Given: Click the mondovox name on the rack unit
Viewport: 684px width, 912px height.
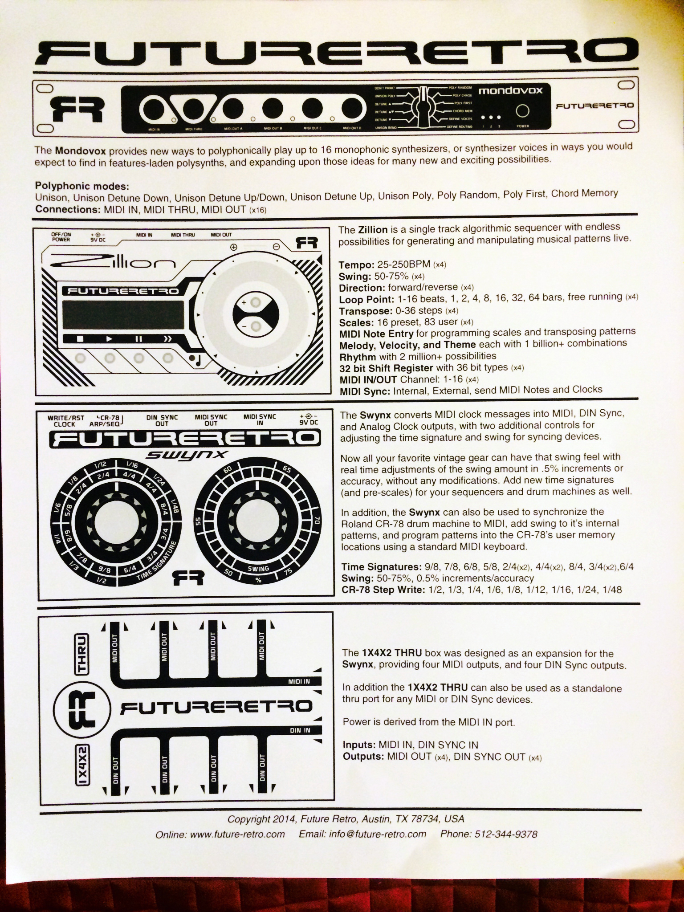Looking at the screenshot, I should pos(510,90).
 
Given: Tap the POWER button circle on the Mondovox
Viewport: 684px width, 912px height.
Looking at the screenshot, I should pos(523,111).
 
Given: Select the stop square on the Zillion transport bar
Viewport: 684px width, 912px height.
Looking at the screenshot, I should pos(80,338).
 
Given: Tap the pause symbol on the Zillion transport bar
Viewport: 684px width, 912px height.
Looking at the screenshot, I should pos(139,338).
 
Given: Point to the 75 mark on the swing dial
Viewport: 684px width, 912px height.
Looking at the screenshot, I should pos(287,573).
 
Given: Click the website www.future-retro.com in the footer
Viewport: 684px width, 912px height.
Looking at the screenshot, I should pos(237,834).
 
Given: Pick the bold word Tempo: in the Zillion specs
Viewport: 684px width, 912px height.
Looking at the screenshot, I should pos(356,265).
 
